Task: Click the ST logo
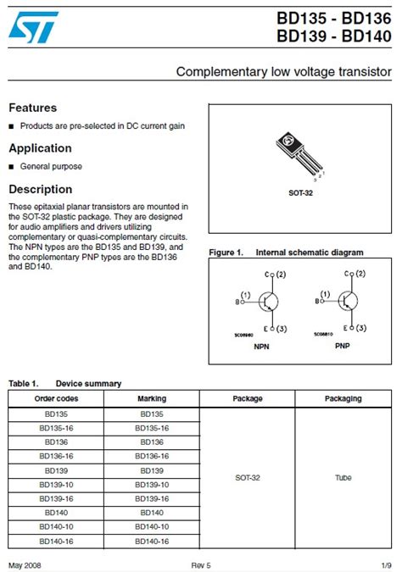click(x=34, y=26)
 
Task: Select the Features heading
click(x=33, y=108)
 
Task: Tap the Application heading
click(x=40, y=148)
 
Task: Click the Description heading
click(x=40, y=189)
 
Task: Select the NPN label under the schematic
click(x=262, y=347)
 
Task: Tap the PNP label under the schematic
click(x=343, y=347)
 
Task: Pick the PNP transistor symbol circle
click(x=348, y=301)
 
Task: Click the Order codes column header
click(x=56, y=398)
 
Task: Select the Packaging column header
click(x=343, y=398)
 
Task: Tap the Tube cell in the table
click(x=343, y=478)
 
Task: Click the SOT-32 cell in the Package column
click(x=248, y=478)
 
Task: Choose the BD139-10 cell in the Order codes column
click(x=56, y=485)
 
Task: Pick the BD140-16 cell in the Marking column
click(x=152, y=541)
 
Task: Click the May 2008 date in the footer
click(x=25, y=565)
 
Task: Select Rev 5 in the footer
click(x=201, y=565)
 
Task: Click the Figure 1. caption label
click(x=226, y=253)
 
